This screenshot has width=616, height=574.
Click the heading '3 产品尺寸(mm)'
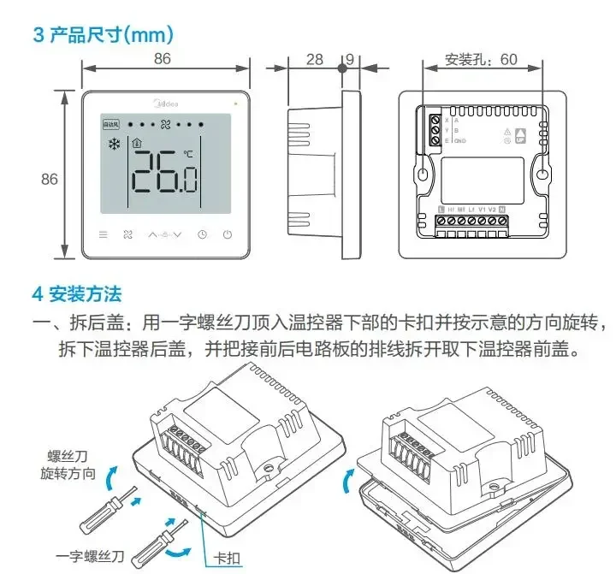pos(104,35)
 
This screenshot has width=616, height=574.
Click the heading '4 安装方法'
pos(77,294)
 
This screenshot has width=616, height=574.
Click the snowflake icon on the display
pos(112,145)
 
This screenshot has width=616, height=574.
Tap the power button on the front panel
pos(228,235)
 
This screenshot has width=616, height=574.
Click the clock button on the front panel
pos(202,235)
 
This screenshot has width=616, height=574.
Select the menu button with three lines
pos(104,235)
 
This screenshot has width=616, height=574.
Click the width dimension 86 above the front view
pos(163,58)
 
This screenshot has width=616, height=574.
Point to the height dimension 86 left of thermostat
pos(50,179)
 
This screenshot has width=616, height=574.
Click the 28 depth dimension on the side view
pos(315,60)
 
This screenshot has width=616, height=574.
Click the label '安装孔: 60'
pos(482,60)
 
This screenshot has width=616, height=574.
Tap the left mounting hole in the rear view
pos(423,174)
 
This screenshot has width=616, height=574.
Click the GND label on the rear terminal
pos(460,140)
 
